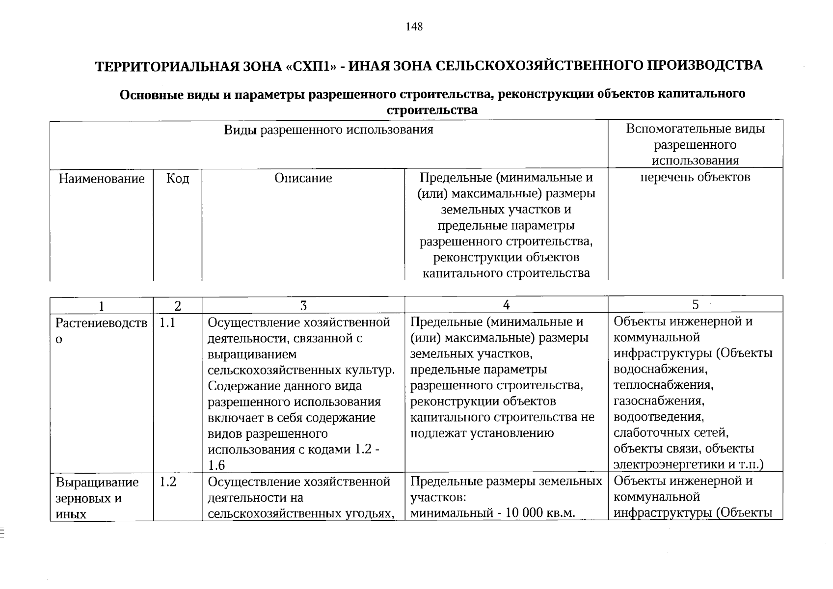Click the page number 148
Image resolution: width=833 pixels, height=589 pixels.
(414, 27)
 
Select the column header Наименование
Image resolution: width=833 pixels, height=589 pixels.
(102, 178)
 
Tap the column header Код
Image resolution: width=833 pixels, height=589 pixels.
(177, 178)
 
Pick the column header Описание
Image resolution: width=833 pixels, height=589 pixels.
(303, 178)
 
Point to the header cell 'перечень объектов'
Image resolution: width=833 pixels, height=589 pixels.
(695, 177)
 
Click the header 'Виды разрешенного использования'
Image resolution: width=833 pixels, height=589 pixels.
(328, 130)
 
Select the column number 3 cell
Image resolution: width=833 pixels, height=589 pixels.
(303, 306)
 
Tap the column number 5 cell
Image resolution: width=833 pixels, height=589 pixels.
(695, 305)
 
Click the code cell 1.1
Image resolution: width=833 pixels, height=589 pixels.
(167, 323)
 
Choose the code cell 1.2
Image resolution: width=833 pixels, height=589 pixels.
(167, 482)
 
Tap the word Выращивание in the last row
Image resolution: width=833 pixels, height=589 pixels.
(97, 482)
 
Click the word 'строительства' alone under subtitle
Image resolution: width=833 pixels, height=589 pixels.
(432, 110)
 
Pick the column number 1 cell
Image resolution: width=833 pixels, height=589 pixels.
(102, 306)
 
